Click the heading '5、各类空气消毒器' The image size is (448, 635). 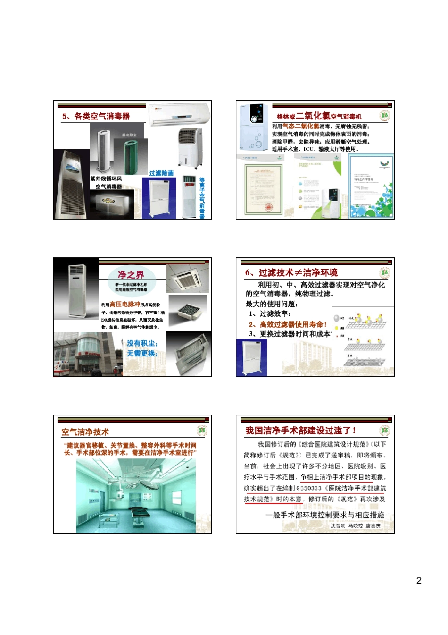[x=96, y=116]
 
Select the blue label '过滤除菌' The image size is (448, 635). [x=161, y=173]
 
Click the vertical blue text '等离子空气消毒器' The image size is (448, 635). [x=202, y=198]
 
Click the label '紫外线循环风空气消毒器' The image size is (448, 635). [x=107, y=183]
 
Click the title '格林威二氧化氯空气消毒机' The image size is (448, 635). [x=319, y=116]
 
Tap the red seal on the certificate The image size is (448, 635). [x=267, y=207]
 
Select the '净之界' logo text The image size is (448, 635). [x=131, y=275]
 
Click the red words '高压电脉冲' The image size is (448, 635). [x=125, y=304]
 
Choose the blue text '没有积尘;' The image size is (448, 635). [x=142, y=343]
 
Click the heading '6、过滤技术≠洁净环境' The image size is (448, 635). [x=291, y=272]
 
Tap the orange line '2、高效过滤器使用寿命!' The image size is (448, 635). [x=288, y=324]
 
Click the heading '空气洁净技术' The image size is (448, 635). [x=85, y=432]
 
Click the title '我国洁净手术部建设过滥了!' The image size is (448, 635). [x=300, y=431]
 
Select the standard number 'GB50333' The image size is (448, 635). [x=309, y=488]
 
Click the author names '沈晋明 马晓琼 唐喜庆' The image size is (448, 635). [x=355, y=525]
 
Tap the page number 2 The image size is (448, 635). [x=419, y=580]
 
